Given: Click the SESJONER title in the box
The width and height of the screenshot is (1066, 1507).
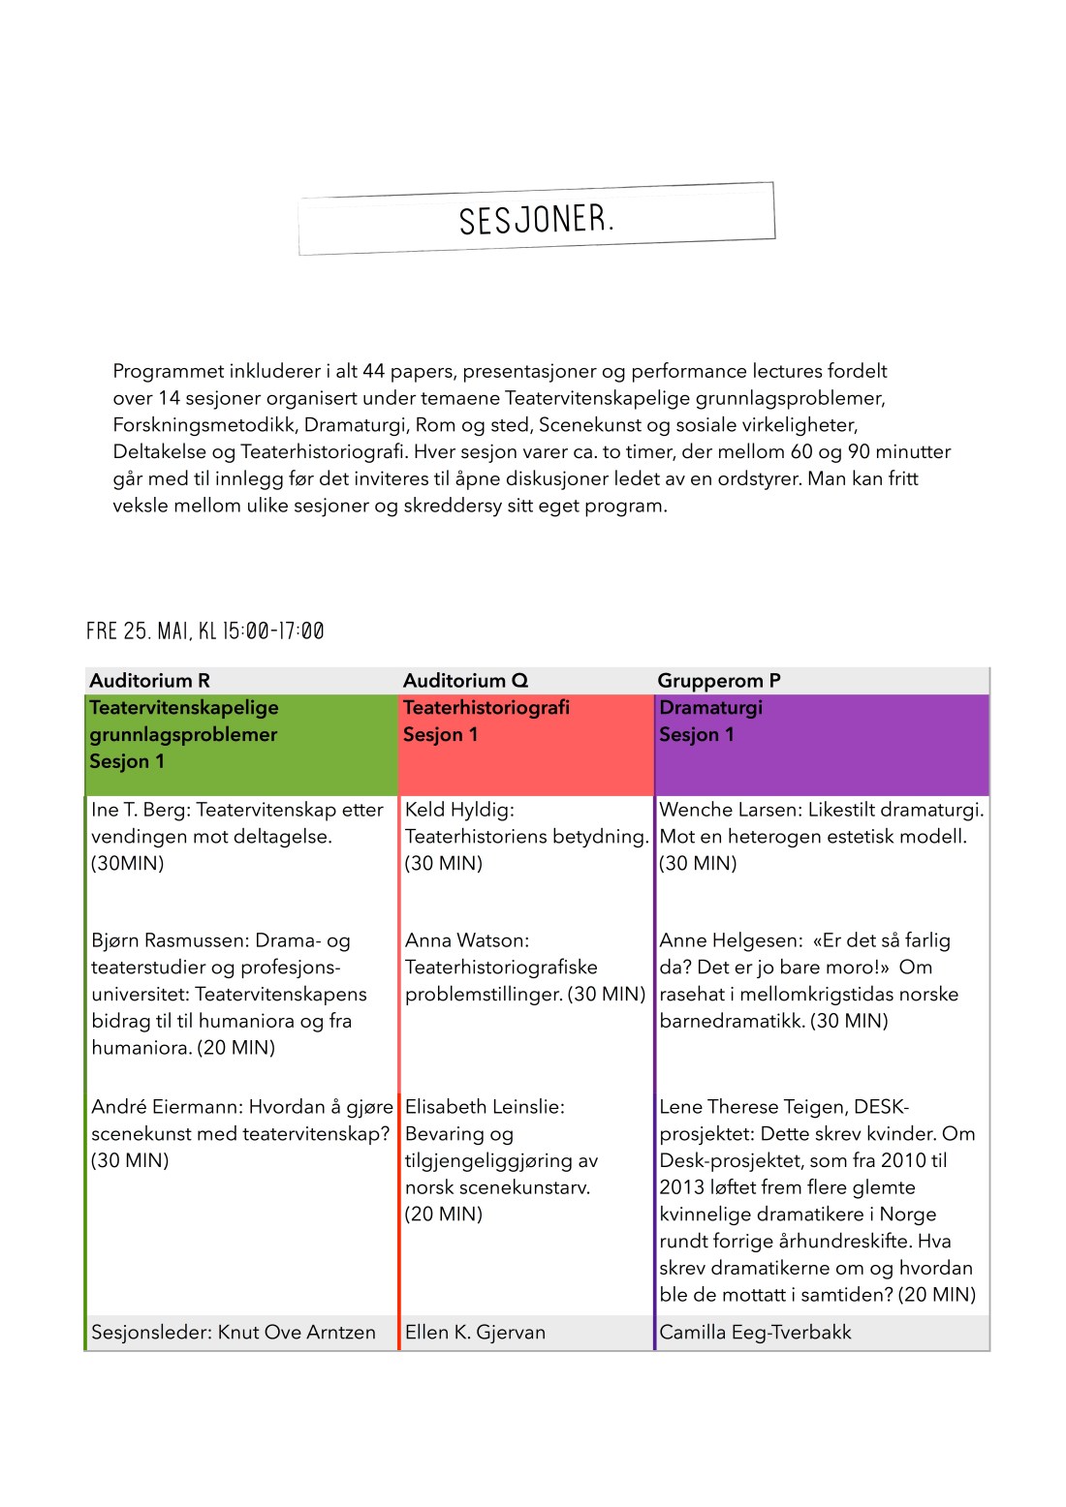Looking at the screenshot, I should pos(536,220).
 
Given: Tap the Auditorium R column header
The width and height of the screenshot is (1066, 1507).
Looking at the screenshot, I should pos(149,681).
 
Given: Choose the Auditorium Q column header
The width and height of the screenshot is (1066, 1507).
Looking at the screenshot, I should pos(465,681).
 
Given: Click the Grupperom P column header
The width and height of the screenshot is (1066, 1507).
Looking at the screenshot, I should pos(718,681).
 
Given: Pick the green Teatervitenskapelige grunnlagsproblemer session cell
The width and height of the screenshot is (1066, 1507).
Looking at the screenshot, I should pos(241,744).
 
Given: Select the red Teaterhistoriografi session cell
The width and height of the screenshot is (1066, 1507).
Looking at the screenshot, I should pos(526,744).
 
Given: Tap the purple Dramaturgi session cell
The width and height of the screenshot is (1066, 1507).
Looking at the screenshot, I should pos(822,744).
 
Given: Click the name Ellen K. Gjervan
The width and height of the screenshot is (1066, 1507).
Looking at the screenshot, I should pos(475,1333).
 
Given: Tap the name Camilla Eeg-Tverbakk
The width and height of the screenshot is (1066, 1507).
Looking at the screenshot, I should pos(755,1333).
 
